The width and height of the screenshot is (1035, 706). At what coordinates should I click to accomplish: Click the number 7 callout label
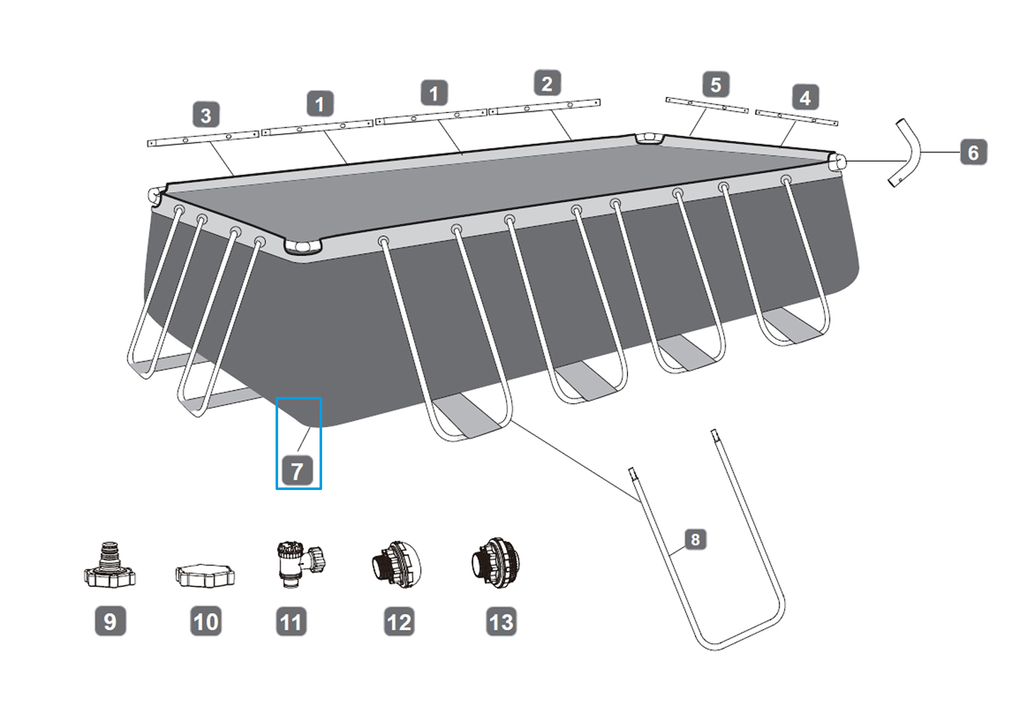click(297, 471)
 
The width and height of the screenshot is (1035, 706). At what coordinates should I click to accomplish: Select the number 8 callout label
click(695, 539)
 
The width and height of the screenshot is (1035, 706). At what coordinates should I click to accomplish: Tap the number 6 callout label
click(973, 153)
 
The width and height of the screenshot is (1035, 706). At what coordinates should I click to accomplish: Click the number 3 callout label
click(206, 116)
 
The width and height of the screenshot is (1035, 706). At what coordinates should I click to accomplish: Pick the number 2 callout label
click(547, 84)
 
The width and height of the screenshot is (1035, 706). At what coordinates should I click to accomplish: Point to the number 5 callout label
click(715, 85)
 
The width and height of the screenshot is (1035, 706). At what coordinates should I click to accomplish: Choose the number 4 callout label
click(805, 98)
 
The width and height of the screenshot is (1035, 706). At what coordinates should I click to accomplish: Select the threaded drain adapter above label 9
click(110, 567)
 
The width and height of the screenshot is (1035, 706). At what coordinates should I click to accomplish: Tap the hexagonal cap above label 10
click(205, 575)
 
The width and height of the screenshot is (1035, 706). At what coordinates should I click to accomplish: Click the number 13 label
click(501, 622)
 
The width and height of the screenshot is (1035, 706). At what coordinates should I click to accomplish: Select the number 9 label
click(110, 621)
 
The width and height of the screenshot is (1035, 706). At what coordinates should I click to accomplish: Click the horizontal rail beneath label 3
click(203, 138)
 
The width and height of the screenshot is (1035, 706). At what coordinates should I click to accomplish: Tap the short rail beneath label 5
click(706, 105)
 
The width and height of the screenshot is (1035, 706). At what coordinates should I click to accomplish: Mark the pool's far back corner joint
click(649, 138)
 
